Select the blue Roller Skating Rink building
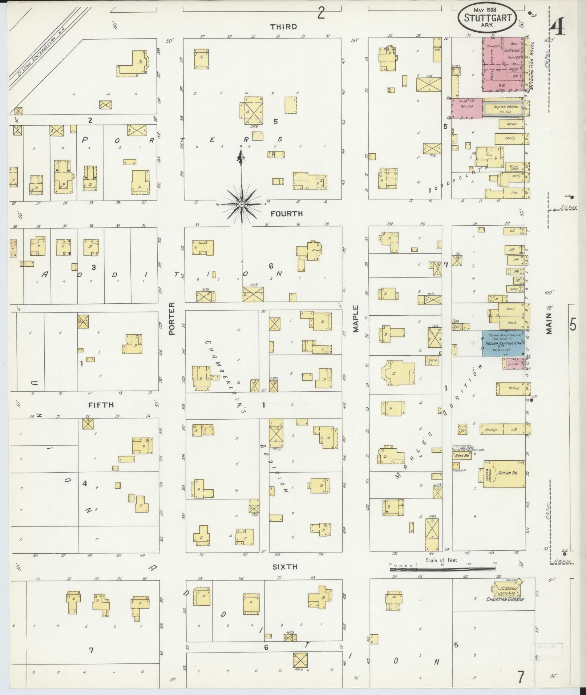(x=503, y=343)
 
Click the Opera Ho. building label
(x=510, y=473)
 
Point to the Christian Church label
(x=505, y=599)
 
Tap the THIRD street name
(x=283, y=27)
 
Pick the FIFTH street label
(x=101, y=404)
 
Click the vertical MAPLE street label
(x=355, y=318)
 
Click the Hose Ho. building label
(x=461, y=455)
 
